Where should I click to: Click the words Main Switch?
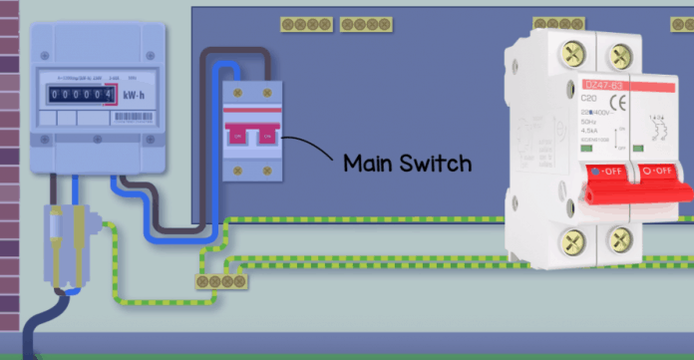407,163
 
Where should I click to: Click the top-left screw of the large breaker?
572,53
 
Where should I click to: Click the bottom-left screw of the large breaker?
572,240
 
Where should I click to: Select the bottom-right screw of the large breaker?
622,240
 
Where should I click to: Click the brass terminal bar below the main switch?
222,282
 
